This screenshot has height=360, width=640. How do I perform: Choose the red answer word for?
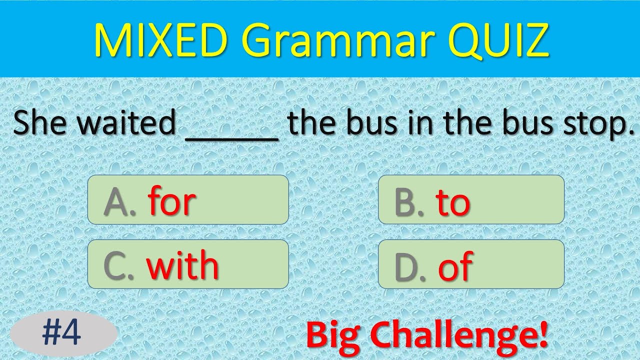click(171, 201)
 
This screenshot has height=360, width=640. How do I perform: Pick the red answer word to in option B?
click(452, 202)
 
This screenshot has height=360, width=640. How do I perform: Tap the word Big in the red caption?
click(334, 335)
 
